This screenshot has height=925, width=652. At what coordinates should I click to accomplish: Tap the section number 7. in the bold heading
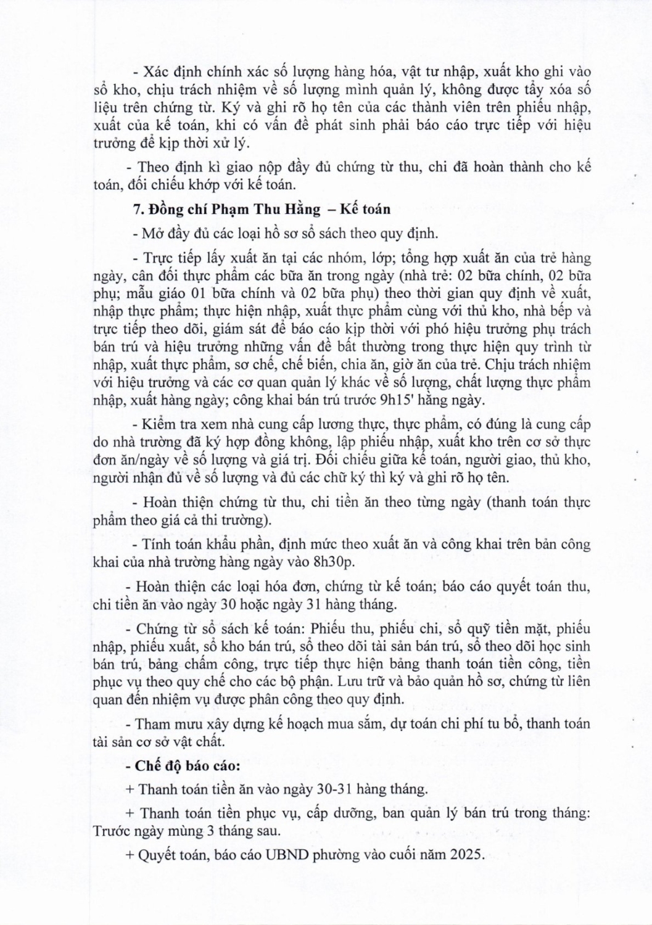[x=139, y=209]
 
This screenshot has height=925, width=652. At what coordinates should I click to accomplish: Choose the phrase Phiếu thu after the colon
[x=339, y=630]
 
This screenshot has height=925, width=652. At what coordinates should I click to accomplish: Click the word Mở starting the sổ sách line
[x=152, y=234]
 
